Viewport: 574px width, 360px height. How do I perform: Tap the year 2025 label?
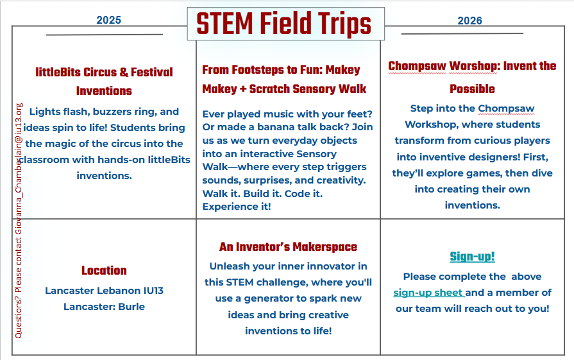(109, 20)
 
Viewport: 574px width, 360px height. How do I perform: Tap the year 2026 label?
(469, 21)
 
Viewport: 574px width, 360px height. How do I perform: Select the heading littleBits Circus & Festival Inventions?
(104, 81)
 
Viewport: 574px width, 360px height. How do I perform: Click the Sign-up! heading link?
(472, 257)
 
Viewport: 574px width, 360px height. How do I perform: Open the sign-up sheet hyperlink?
(428, 293)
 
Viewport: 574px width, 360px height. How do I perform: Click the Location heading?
(104, 270)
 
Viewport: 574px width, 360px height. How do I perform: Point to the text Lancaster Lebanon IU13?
(104, 291)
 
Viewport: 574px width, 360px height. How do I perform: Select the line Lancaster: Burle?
(104, 307)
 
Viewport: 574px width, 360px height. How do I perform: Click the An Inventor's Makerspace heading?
(288, 246)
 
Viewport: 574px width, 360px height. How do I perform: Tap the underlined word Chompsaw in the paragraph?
(506, 108)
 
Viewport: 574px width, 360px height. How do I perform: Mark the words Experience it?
(236, 207)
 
